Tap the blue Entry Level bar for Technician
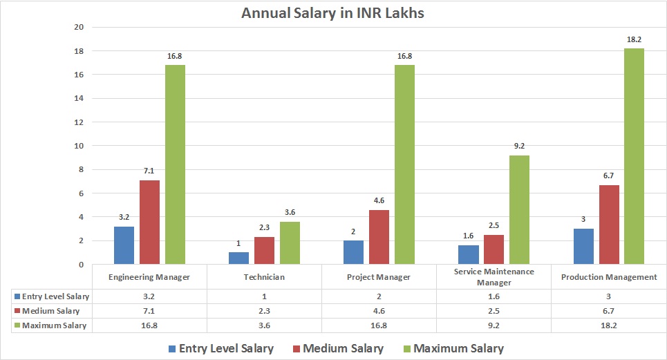pyautogui.click(x=238, y=258)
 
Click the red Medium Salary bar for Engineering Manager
pyautogui.click(x=149, y=222)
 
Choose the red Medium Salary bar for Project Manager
pyautogui.click(x=379, y=237)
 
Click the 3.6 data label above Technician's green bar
pyautogui.click(x=290, y=213)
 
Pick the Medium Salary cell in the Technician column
pyautogui.click(x=264, y=310)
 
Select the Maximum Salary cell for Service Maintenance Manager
pyautogui.click(x=494, y=325)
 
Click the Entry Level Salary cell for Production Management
pyautogui.click(x=608, y=296)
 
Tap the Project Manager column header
pyautogui.click(x=379, y=277)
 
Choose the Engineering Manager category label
pyautogui.click(x=149, y=277)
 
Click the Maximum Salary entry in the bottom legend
pyautogui.click(x=452, y=348)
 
